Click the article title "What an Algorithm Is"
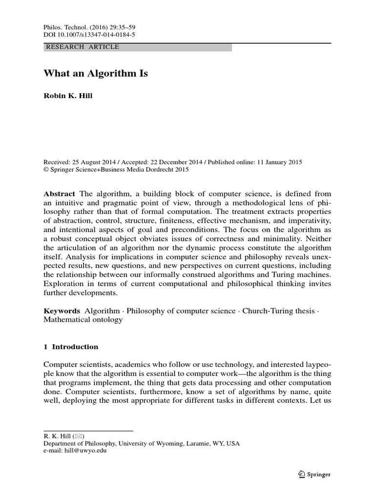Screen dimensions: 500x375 pyautogui.click(x=96, y=74)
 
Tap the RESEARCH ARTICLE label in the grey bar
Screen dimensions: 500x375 pyautogui.click(x=82, y=47)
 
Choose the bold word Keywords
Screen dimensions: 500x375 pyautogui.click(x=62, y=311)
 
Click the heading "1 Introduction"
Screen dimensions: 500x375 pyautogui.click(x=71, y=347)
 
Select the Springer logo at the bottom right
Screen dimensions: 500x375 pyautogui.click(x=313, y=474)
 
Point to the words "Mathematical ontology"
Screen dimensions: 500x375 pyautogui.click(x=83, y=320)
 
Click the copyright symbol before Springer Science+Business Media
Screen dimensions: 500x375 pyautogui.click(x=46, y=170)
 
